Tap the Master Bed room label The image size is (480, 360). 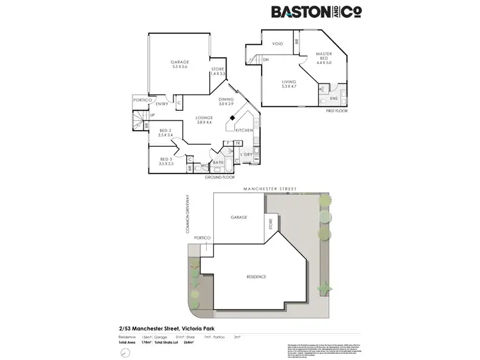[x=324, y=58]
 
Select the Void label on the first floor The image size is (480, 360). [x=277, y=44]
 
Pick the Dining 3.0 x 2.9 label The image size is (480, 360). [x=226, y=101]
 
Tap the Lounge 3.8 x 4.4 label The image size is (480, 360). [x=204, y=119]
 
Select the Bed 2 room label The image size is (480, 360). [x=165, y=133]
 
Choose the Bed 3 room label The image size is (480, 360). [x=165, y=161]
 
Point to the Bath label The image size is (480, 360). [x=218, y=162]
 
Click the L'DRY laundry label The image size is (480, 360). [x=246, y=155]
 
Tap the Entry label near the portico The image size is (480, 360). [x=161, y=104]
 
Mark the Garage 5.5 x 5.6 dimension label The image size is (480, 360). [x=179, y=64]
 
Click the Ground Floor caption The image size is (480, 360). [x=220, y=176]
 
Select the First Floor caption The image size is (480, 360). [x=337, y=111]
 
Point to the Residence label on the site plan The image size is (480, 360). [x=256, y=277]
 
